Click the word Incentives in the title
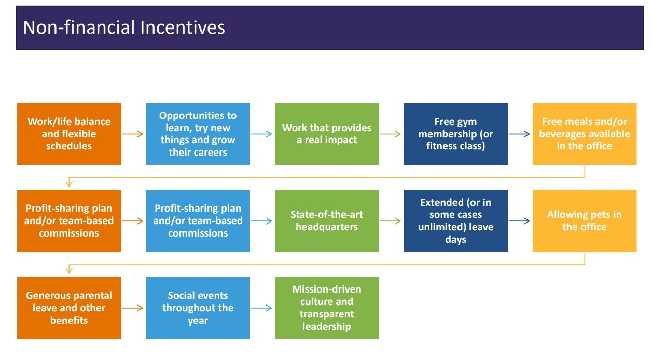point(182,27)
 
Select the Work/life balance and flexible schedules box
point(69,134)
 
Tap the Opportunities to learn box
point(198,134)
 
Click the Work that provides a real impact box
point(327,134)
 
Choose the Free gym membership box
point(456,134)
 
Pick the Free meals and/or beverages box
point(585,134)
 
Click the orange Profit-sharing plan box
point(69,221)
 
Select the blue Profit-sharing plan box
point(198,221)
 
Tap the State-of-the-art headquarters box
point(327,221)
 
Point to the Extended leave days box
point(456,221)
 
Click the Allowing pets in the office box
point(585,221)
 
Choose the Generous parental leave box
point(69,308)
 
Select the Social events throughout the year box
point(198,308)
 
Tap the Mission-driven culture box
point(327,308)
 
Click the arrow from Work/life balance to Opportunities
point(133,134)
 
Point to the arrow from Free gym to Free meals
point(519,134)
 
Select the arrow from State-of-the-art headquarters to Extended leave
point(391,221)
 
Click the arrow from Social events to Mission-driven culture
point(261,308)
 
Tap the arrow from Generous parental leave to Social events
point(133,308)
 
